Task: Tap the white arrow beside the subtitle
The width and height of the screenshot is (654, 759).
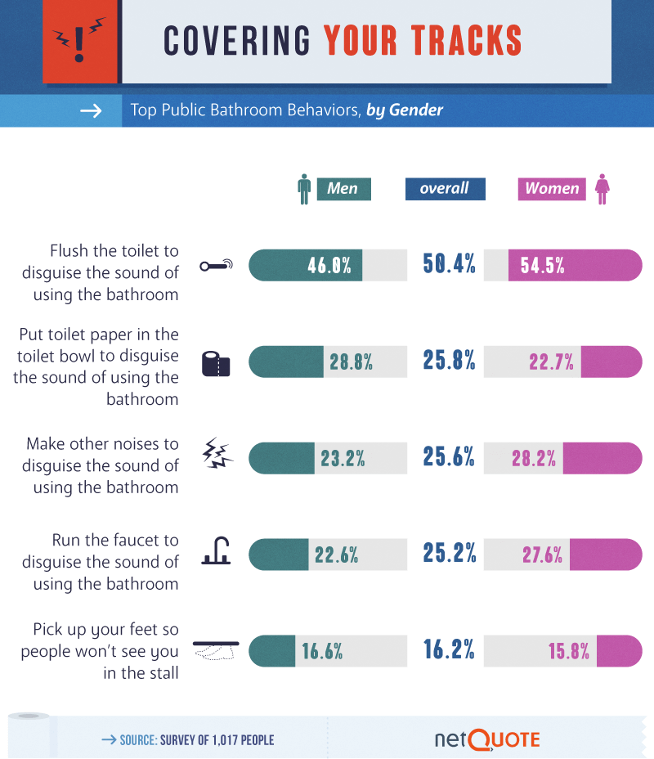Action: coord(91,110)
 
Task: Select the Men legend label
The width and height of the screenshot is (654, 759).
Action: coord(343,189)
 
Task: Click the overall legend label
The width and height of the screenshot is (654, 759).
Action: coord(445,189)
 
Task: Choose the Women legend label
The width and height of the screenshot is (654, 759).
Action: coord(552,189)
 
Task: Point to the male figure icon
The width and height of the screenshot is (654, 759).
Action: coord(304,189)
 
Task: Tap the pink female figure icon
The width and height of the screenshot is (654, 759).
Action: coord(602,189)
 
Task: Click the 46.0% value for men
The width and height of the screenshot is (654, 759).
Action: coord(329,265)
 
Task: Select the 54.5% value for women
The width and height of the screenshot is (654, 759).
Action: coord(543,265)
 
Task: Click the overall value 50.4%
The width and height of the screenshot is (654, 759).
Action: coord(449,264)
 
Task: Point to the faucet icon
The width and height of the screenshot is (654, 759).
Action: coord(217,554)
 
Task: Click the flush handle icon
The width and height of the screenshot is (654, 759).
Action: coord(217,265)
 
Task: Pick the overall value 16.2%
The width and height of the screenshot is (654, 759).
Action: coord(449,650)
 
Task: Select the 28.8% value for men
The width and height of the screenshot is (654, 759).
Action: coord(352,362)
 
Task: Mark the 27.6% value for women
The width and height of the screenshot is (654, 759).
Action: coord(542,555)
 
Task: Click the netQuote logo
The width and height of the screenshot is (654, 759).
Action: coord(487,739)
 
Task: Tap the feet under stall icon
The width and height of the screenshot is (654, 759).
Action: coord(215,650)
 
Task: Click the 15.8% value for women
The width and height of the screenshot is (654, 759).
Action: coord(569,651)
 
